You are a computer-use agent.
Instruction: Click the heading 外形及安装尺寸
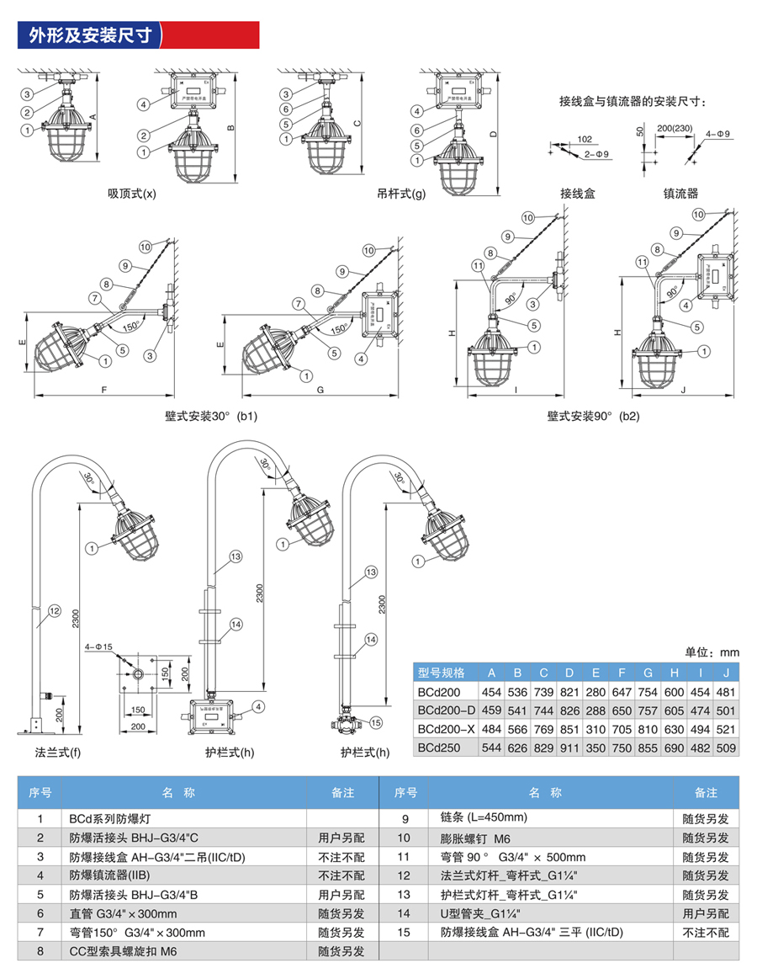click(90, 35)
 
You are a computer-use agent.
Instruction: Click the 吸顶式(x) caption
click(132, 193)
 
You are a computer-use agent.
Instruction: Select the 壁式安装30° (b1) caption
click(211, 416)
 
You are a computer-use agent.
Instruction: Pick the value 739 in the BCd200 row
click(544, 692)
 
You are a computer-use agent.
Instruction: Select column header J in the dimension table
click(724, 673)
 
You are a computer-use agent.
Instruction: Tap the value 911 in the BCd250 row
click(569, 746)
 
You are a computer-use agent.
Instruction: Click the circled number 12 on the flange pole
click(54, 611)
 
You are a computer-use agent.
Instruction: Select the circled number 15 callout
click(375, 721)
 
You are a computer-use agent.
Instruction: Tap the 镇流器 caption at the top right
click(680, 193)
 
